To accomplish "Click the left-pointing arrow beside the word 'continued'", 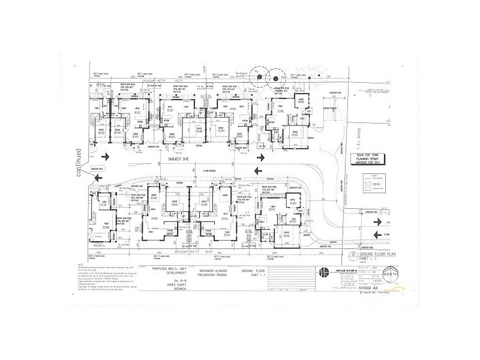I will click(106, 156).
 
